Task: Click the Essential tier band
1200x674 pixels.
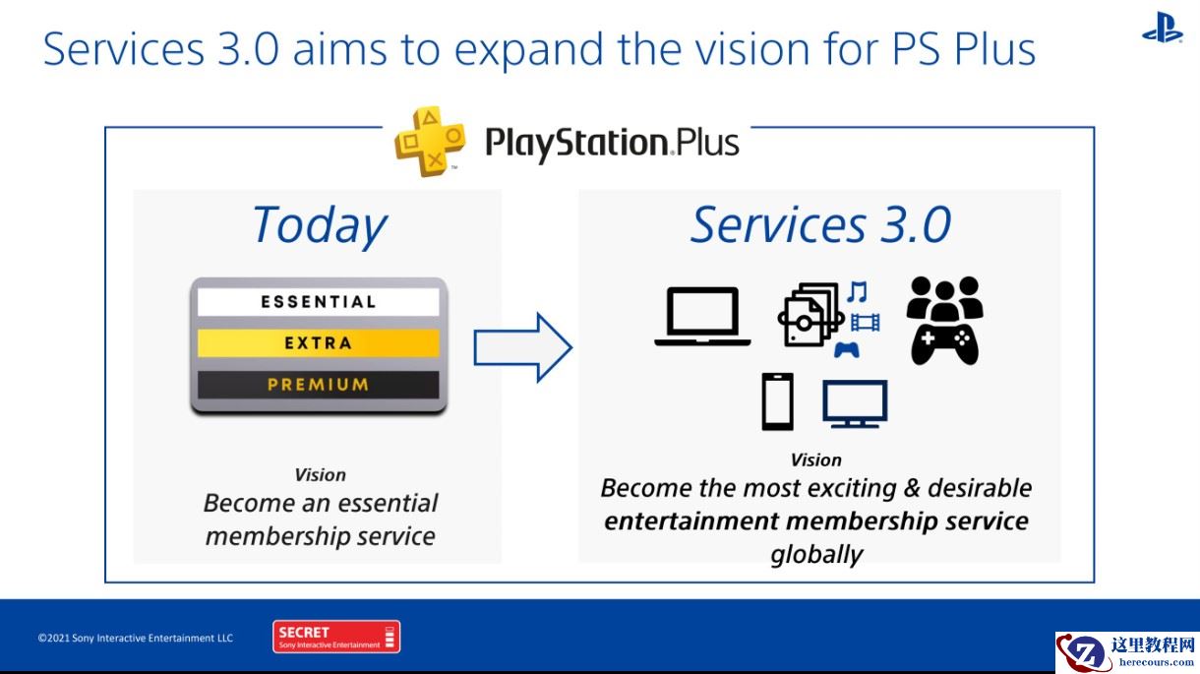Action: (318, 302)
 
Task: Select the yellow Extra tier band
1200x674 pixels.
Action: (318, 343)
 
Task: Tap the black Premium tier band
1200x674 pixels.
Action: (318, 385)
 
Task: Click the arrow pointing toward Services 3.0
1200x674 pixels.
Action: (521, 346)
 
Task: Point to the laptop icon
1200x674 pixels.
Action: (702, 317)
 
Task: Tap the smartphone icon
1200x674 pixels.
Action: (777, 402)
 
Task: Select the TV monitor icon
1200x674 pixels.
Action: (855, 403)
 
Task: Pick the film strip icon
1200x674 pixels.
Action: (866, 322)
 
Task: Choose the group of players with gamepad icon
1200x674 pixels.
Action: (944, 321)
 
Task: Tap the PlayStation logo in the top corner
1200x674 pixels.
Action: (1162, 28)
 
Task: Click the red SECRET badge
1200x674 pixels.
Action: (336, 637)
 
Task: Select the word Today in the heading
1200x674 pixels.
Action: (319, 224)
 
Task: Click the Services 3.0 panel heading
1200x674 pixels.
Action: (820, 224)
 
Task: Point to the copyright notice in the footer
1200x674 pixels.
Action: (136, 639)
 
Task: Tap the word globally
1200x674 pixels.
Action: (816, 554)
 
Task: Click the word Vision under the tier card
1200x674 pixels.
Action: (320, 474)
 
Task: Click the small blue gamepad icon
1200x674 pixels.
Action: (846, 348)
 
